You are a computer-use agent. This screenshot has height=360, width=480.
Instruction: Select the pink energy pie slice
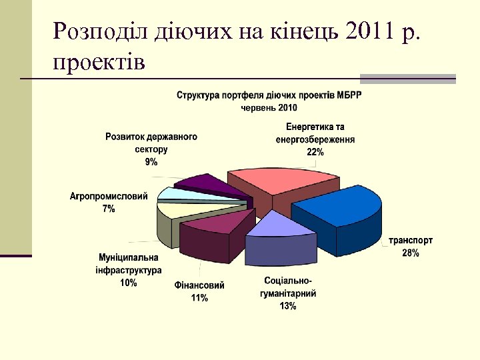(x=280, y=181)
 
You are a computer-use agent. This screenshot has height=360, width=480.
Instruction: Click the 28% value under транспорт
(x=411, y=253)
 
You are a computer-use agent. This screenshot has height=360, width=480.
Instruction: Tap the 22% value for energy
(x=315, y=152)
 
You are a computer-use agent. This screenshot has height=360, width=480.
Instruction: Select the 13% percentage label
(x=288, y=306)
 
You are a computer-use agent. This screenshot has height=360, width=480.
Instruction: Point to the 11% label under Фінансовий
(x=199, y=298)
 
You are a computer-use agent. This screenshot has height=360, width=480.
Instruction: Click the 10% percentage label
(x=129, y=283)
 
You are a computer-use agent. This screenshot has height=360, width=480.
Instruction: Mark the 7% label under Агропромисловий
(x=108, y=209)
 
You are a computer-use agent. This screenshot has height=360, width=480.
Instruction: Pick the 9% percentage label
(x=151, y=161)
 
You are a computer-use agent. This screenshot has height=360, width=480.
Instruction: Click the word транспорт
(x=411, y=241)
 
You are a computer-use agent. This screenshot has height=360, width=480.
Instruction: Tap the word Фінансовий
(x=199, y=285)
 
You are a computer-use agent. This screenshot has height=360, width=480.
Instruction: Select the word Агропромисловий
(x=108, y=197)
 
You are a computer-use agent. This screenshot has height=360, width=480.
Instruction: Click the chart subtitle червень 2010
(x=269, y=107)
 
